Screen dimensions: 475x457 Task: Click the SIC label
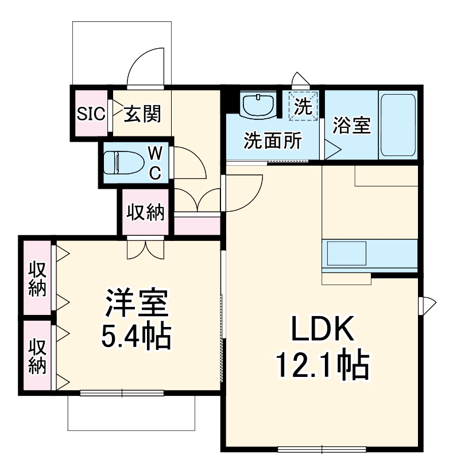click(91, 114)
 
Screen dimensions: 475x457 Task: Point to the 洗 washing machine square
click(303, 106)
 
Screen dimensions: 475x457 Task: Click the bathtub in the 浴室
click(398, 124)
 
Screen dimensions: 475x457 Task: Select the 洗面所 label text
click(272, 140)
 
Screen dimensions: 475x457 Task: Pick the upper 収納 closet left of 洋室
click(37, 278)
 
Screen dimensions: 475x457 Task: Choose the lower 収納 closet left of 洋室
click(37, 356)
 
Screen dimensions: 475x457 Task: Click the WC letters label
click(155, 162)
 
